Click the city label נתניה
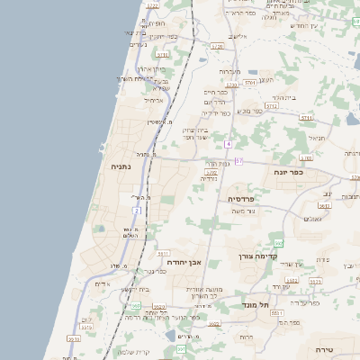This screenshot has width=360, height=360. tap(121, 166)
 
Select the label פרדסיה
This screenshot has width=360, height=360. tap(241, 198)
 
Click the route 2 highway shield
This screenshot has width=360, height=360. tap(138, 210)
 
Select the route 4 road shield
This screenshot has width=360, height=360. tap(229, 144)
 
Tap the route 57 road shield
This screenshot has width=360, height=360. tap(238, 160)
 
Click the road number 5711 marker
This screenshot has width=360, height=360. tap(307, 118)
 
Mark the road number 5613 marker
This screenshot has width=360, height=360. tap(324, 205)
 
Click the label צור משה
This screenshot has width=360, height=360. tap(244, 211)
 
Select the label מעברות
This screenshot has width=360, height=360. tap(229, 70)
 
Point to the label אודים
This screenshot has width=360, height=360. tap(102, 284)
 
